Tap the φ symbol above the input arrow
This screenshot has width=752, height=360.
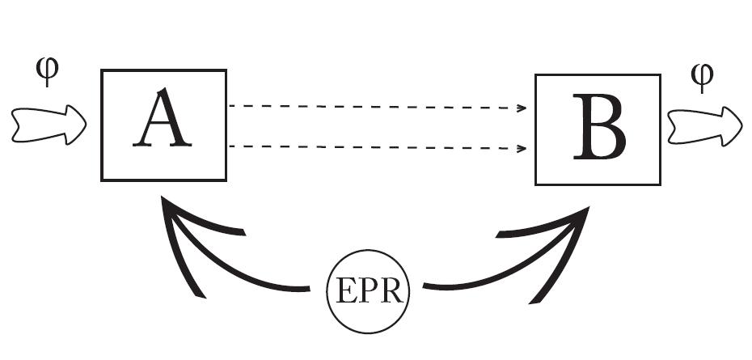coord(49,73)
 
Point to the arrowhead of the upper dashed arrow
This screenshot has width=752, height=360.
coord(522,108)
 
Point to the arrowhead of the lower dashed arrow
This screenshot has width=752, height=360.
coord(522,149)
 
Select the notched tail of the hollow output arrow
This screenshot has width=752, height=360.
coord(673,127)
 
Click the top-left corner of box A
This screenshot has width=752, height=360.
coord(102,71)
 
